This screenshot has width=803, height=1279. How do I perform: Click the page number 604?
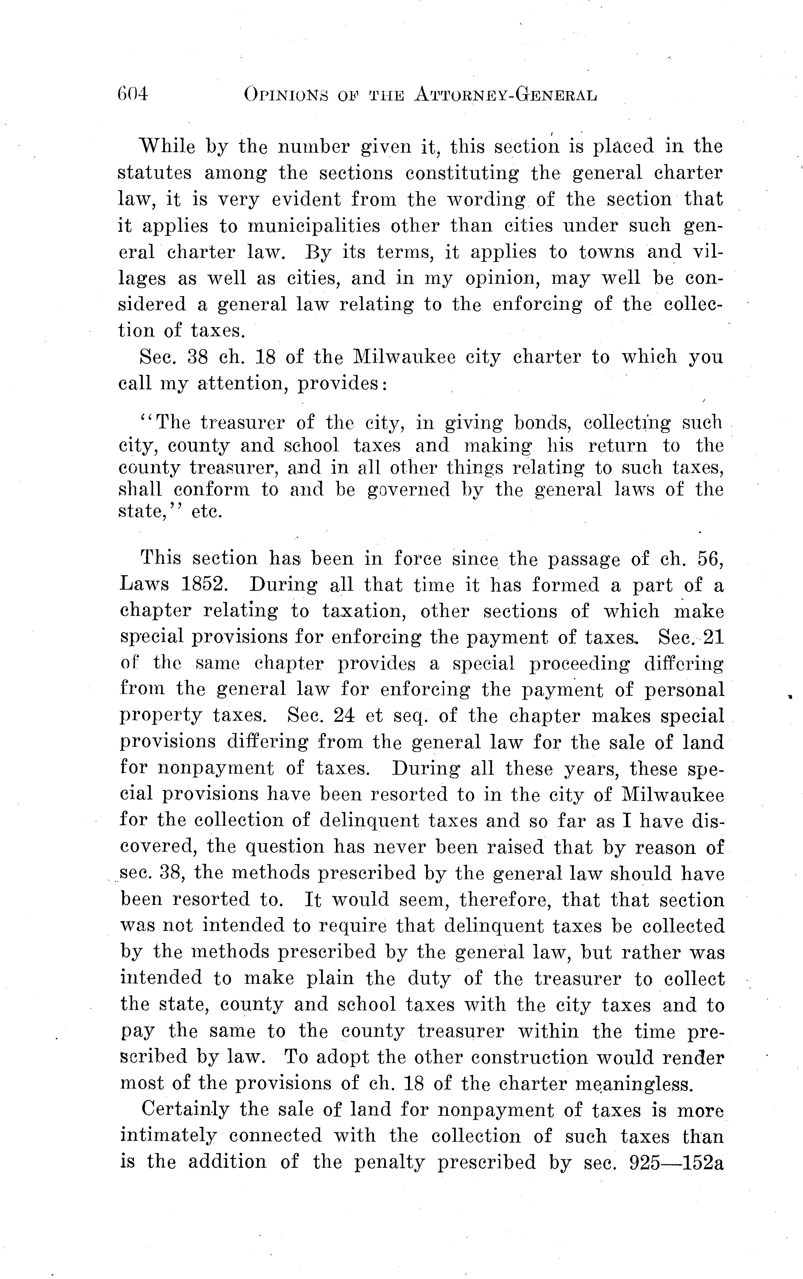(132, 95)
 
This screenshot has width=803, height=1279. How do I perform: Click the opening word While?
(166, 146)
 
